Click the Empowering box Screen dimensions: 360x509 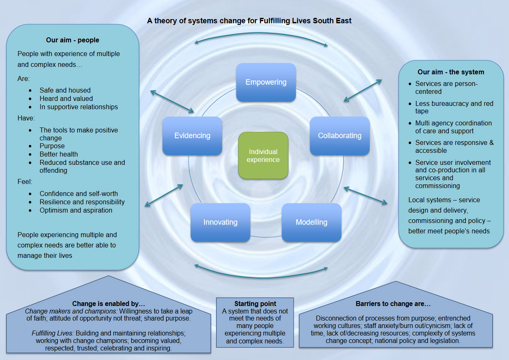tap(266, 82)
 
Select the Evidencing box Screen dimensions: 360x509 tap(192, 136)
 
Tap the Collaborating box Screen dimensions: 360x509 tap(339, 136)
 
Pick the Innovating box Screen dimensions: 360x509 tap(220, 222)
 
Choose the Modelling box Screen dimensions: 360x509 tap(311, 222)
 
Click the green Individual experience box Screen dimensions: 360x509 tap(263, 156)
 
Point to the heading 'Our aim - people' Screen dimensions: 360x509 tap(73, 40)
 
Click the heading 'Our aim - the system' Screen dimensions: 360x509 tap(451, 72)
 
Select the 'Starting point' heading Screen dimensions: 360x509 tap(255, 304)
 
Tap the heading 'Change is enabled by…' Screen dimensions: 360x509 tap(108, 304)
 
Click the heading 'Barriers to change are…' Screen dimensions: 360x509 tap(393, 304)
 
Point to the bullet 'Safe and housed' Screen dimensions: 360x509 tap(65, 90)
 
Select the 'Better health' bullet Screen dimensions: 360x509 tap(59, 154)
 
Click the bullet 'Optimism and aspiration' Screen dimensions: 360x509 tap(76, 210)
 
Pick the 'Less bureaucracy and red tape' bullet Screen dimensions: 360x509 tap(454, 107)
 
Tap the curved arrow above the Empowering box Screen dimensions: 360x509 tap(262, 39)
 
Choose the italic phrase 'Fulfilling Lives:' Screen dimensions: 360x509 tap(51, 333)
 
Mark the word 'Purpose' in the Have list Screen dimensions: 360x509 tap(52, 146)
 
